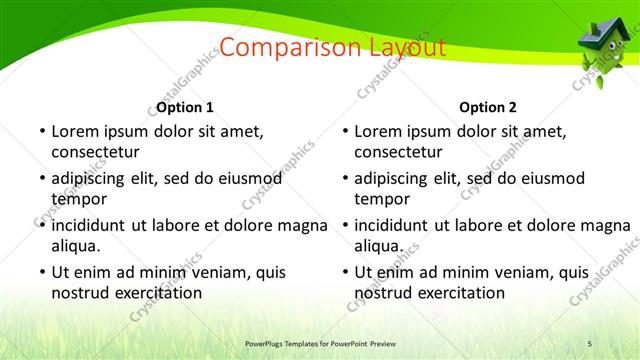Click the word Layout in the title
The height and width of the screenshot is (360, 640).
(394, 47)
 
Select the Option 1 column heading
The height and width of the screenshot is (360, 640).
(185, 107)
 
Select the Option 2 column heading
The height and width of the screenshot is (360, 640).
(488, 107)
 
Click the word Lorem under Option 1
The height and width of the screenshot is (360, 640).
(76, 131)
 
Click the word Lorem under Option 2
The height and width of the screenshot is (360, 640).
(379, 131)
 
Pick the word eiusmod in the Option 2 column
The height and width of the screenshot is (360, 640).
(548, 178)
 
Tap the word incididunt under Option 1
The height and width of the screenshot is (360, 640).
(93, 224)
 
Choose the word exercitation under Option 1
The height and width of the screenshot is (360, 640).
(156, 293)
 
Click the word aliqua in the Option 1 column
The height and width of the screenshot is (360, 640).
(77, 245)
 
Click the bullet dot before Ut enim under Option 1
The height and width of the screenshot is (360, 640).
(41, 272)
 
